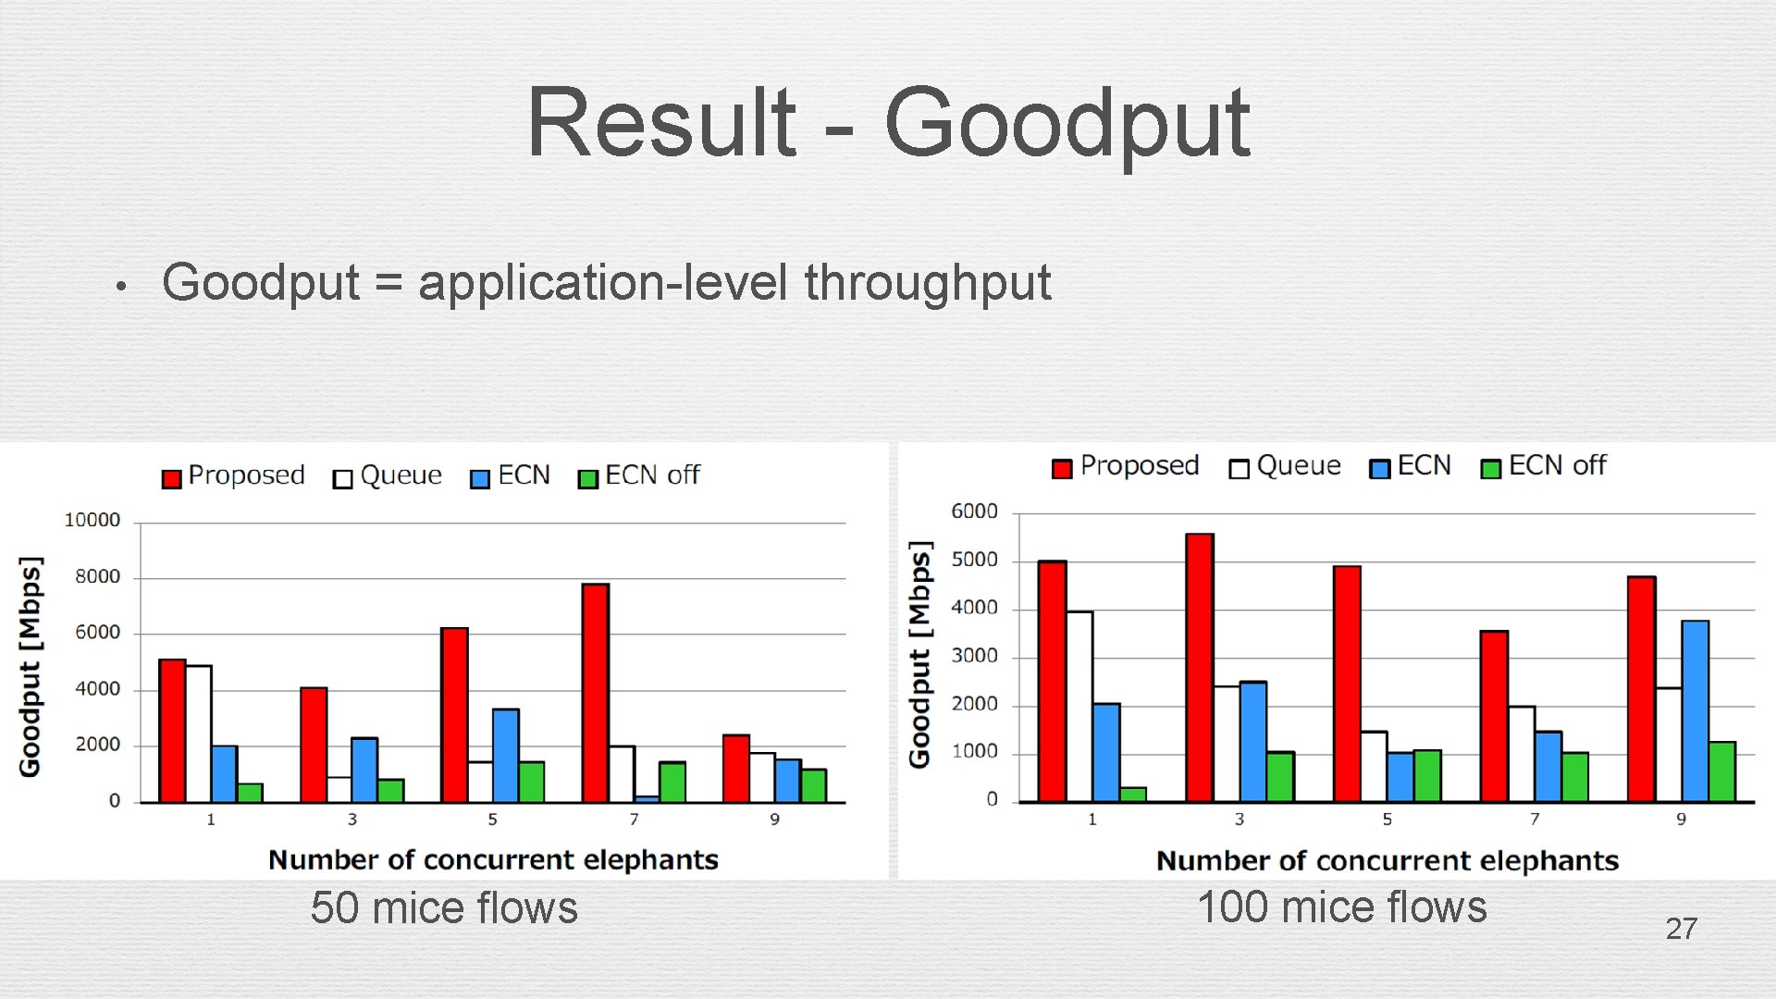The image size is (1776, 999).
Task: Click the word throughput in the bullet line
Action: (927, 283)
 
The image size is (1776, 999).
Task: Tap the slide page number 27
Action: (1681, 929)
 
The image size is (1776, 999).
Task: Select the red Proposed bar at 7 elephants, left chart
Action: (596, 693)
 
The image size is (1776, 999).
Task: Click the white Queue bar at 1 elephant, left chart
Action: (198, 734)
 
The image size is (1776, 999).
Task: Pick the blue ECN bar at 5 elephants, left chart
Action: (505, 755)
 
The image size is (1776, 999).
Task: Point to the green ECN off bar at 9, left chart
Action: (814, 785)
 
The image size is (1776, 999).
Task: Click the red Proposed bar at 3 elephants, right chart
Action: (1200, 667)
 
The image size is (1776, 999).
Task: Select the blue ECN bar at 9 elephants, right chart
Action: (1695, 710)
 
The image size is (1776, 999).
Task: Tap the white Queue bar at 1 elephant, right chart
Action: (1079, 706)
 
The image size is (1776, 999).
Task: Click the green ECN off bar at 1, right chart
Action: (1133, 795)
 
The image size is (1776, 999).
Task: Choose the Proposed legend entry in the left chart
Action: (234, 476)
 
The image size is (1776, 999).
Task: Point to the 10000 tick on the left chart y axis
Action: (92, 521)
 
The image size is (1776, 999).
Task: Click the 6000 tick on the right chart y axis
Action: (974, 512)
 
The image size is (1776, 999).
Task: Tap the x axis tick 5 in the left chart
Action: (492, 820)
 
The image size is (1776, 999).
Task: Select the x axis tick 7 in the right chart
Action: (1535, 820)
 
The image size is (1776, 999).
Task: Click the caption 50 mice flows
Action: (444, 908)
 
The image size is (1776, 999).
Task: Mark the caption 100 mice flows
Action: (1341, 907)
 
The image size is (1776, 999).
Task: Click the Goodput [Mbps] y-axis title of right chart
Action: (919, 655)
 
